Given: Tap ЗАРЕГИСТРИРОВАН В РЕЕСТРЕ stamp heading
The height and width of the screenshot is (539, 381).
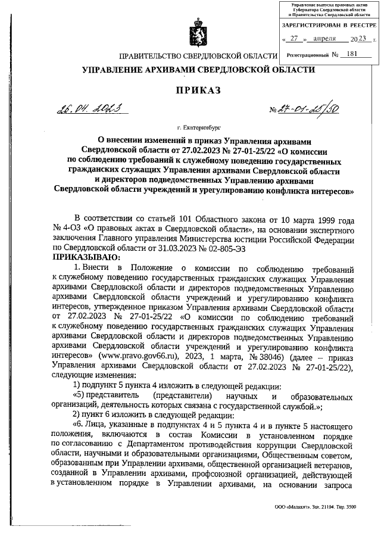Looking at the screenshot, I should click(x=329, y=25).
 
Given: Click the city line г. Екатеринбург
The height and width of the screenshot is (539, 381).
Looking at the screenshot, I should click(x=198, y=127).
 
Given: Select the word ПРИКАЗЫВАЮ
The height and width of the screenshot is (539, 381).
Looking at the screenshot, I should click(x=86, y=257).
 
